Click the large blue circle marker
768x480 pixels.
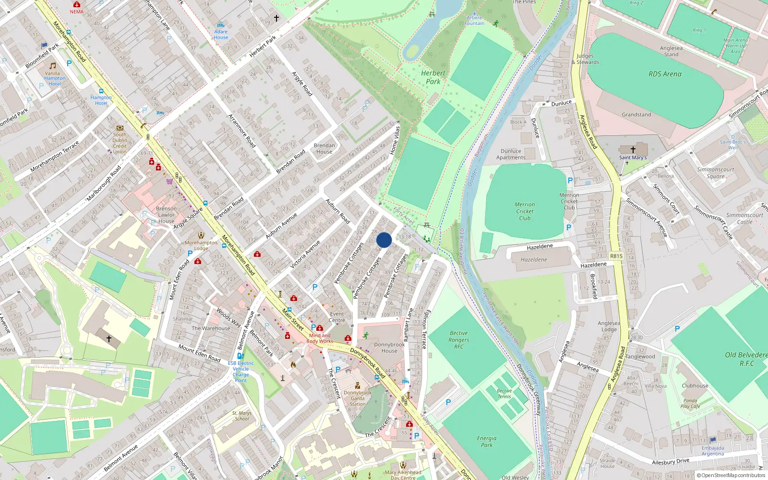click(x=384, y=240)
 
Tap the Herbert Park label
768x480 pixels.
click(x=433, y=77)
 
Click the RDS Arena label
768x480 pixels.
click(x=665, y=74)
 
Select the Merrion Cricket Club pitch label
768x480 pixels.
click(x=525, y=211)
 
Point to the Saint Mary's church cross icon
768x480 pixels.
click(x=633, y=150)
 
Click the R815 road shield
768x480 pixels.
click(x=616, y=256)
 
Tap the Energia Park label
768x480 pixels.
click(x=487, y=442)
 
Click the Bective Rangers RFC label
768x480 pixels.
click(x=459, y=339)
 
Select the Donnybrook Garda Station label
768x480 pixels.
click(x=358, y=398)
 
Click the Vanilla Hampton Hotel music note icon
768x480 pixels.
click(x=53, y=66)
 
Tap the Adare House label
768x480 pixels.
click(x=221, y=35)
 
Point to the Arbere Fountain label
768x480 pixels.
click(x=474, y=20)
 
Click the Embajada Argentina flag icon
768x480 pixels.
click(x=713, y=440)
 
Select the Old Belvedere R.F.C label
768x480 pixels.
click(x=746, y=359)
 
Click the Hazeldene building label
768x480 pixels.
click(x=534, y=260)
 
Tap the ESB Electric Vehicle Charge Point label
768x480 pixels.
click(x=240, y=372)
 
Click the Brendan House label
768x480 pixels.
click(x=324, y=148)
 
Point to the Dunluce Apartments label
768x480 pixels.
click(x=511, y=154)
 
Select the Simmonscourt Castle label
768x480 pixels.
click(x=744, y=218)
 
